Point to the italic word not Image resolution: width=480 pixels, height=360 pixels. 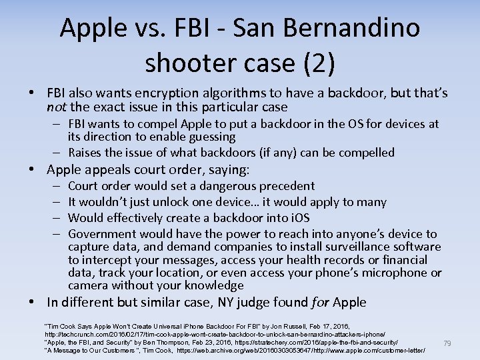55,107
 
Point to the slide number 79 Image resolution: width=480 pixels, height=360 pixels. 447,343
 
